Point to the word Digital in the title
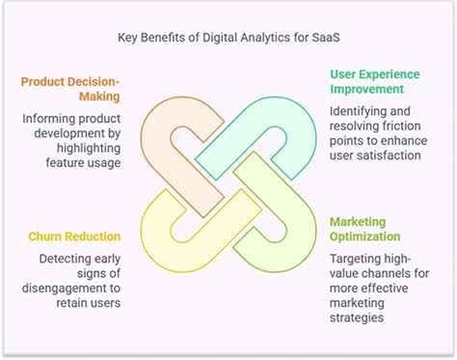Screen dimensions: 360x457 coord(231,39)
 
